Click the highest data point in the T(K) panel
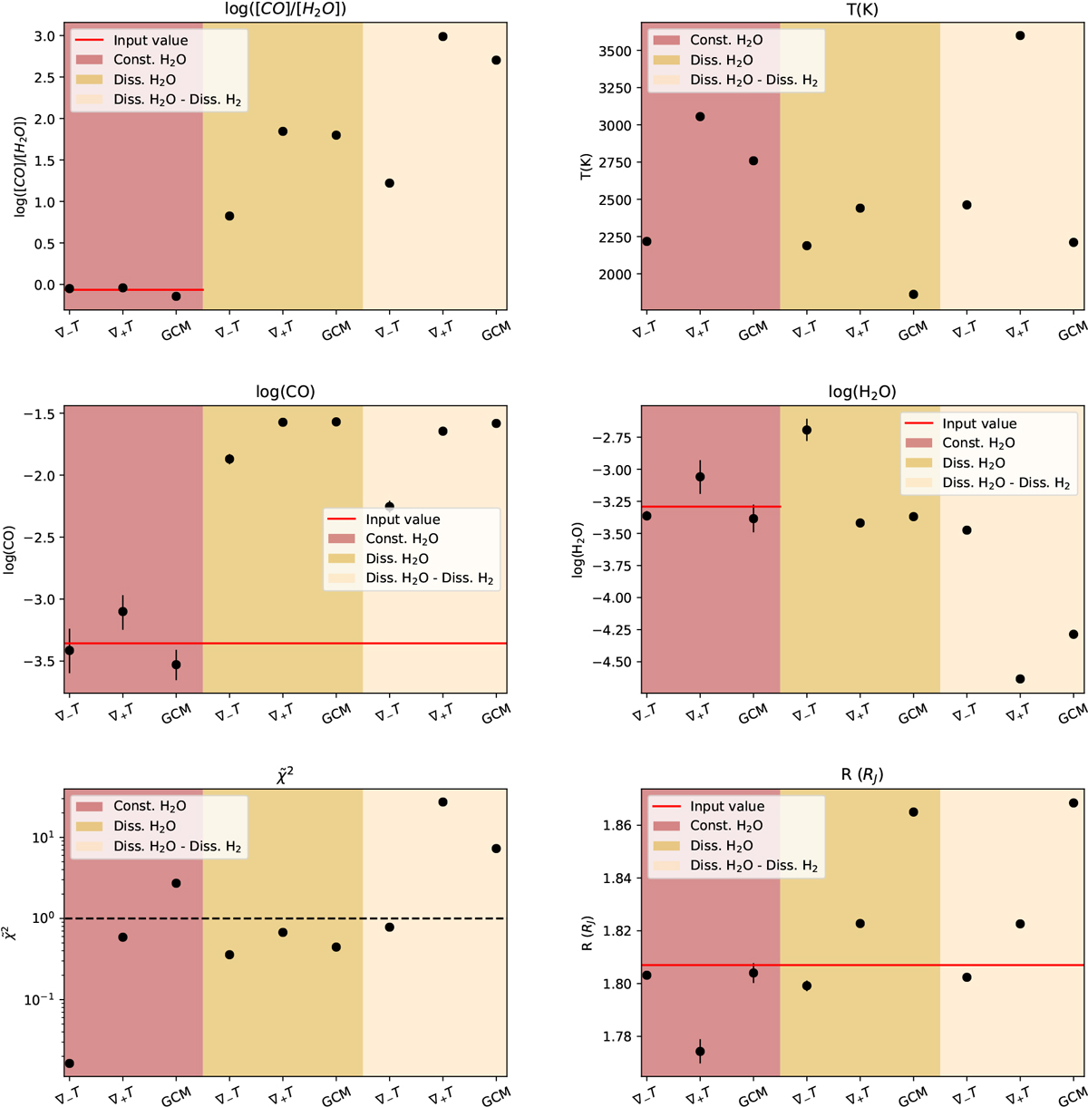pos(1020,36)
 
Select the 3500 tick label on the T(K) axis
pos(612,51)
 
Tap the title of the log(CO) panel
pos(286,393)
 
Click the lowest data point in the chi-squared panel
pos(70,1063)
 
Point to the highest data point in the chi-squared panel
pos(442,802)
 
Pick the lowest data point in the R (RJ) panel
pos(700,1052)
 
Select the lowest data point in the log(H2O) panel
pos(1020,679)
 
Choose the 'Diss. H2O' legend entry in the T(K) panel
pos(722,60)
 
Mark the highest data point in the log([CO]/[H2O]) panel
pos(442,36)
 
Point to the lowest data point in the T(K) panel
pos(913,295)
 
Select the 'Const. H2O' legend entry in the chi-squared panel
pos(150,806)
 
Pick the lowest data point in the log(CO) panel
pos(176,665)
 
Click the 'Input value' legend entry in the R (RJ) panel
pos(726,806)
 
